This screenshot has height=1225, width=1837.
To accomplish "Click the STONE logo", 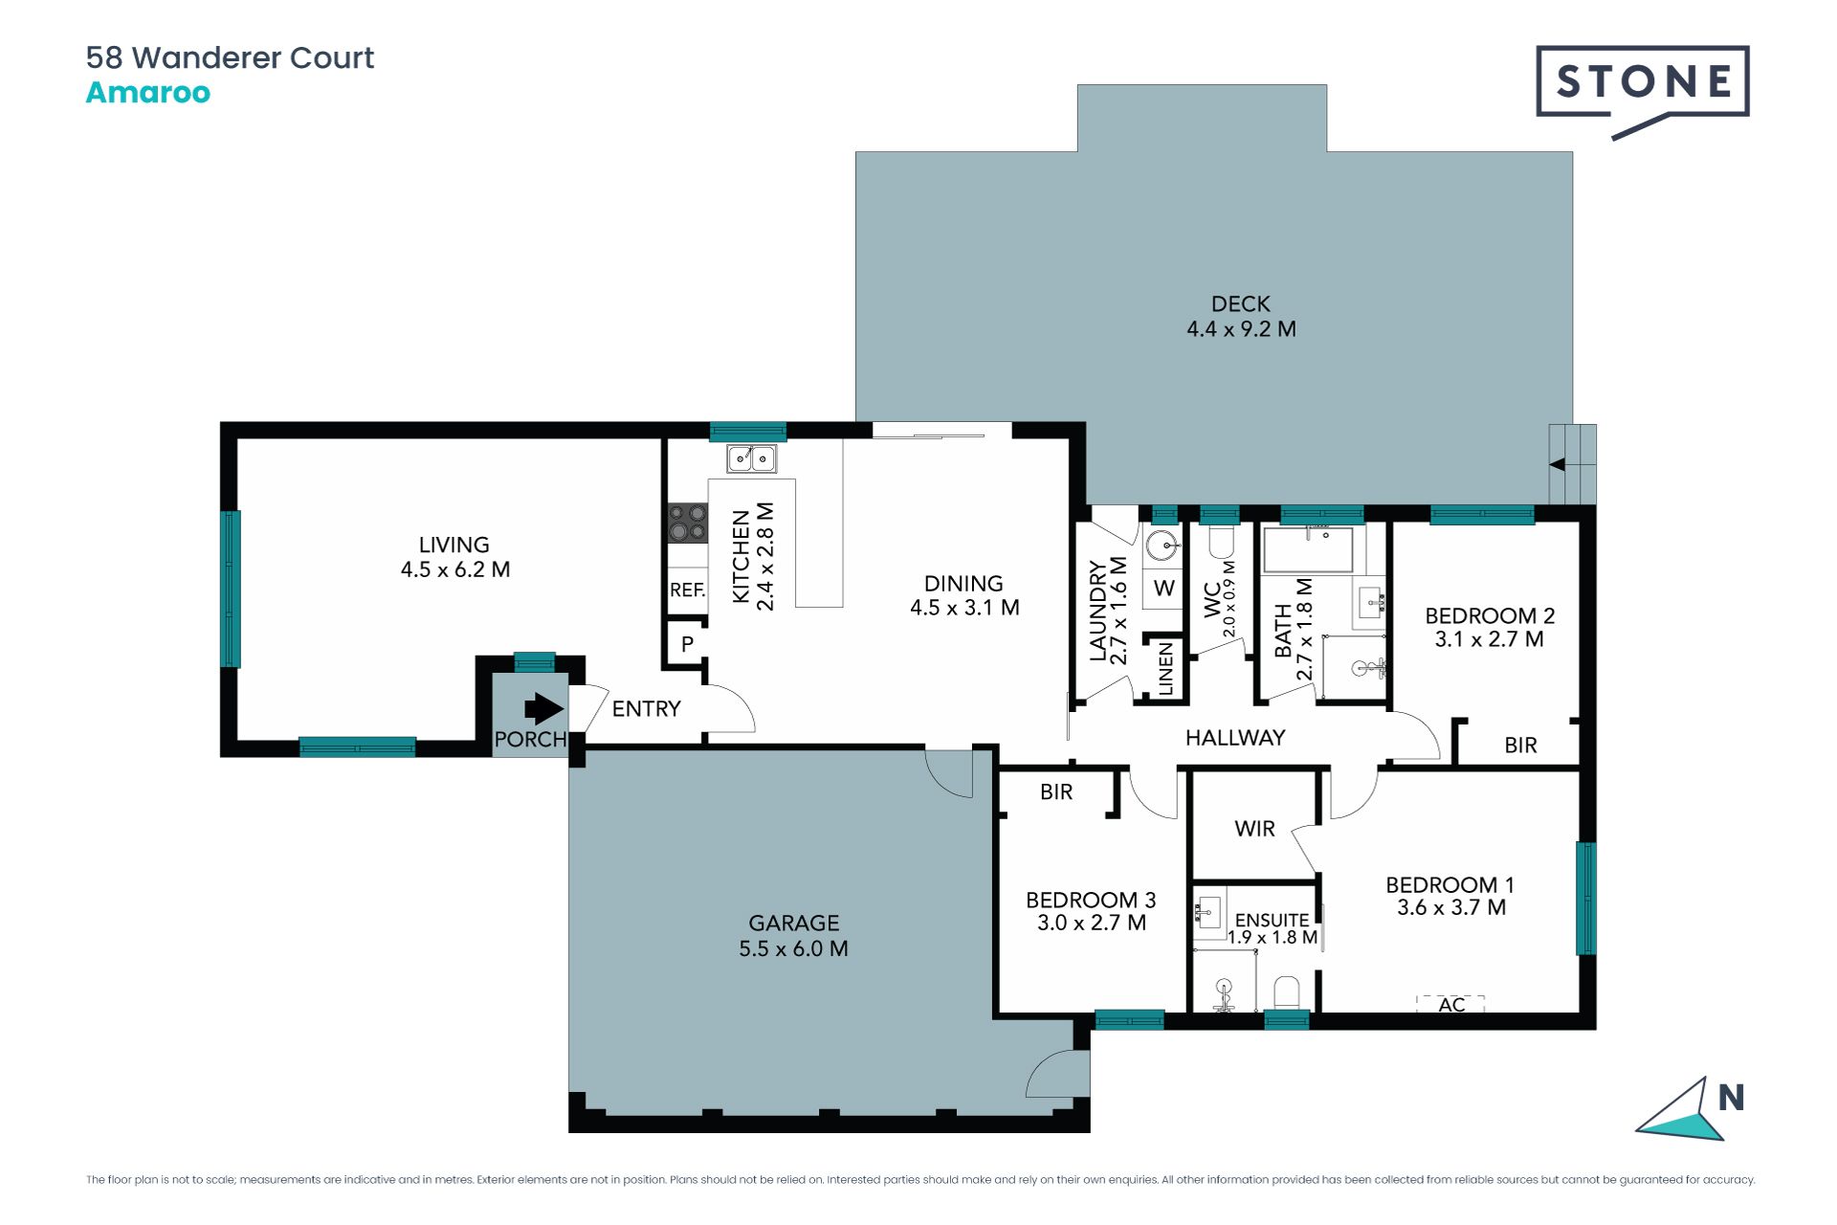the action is [1643, 92].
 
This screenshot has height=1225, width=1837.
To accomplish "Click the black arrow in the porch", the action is [543, 709].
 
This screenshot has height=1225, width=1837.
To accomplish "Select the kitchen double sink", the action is [751, 458].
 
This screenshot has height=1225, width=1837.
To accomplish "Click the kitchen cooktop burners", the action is [687, 523].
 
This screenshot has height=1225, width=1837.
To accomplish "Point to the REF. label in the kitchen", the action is [687, 590].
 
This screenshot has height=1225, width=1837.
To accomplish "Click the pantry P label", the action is [687, 644].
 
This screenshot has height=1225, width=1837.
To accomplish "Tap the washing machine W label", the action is [1163, 588].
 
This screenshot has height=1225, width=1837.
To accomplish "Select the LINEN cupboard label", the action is [1165, 668].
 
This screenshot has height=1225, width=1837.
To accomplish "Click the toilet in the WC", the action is [1222, 543].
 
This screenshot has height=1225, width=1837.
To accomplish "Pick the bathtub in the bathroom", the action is [1308, 549].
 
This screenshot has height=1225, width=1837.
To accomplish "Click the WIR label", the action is [1254, 829].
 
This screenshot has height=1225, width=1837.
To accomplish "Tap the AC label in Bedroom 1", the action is [1451, 1005].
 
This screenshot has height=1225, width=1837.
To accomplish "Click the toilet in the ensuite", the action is [1287, 992].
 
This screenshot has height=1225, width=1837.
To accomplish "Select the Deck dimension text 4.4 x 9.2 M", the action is [1241, 329].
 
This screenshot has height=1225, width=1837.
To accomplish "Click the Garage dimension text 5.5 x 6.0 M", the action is [793, 948].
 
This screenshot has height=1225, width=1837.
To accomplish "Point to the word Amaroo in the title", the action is [148, 93].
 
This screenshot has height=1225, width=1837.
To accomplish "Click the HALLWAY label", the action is [1235, 738].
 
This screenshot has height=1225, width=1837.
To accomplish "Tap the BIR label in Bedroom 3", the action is [1056, 792].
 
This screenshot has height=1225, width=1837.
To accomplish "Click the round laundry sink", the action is [1163, 546].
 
